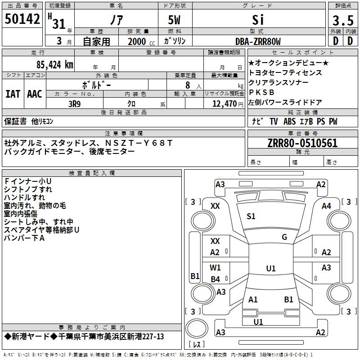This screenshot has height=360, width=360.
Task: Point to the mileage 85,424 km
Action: [53, 64]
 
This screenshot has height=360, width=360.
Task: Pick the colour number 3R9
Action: [75, 103]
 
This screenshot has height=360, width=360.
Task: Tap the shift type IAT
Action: [13, 94]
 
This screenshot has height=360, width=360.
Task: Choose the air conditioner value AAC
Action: [35, 94]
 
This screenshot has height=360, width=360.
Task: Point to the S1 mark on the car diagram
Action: [251, 216]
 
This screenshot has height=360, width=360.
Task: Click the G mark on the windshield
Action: [284, 237]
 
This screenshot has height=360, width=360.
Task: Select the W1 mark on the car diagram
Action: [216, 268]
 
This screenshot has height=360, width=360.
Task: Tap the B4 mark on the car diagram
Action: [216, 279]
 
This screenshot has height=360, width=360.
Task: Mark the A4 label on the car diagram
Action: [326, 206]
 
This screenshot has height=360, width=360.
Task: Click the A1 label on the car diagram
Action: [253, 300]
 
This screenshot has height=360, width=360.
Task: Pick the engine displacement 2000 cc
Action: [140, 41]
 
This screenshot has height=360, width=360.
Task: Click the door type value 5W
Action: [175, 20]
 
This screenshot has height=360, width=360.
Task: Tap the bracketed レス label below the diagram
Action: [197, 345]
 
